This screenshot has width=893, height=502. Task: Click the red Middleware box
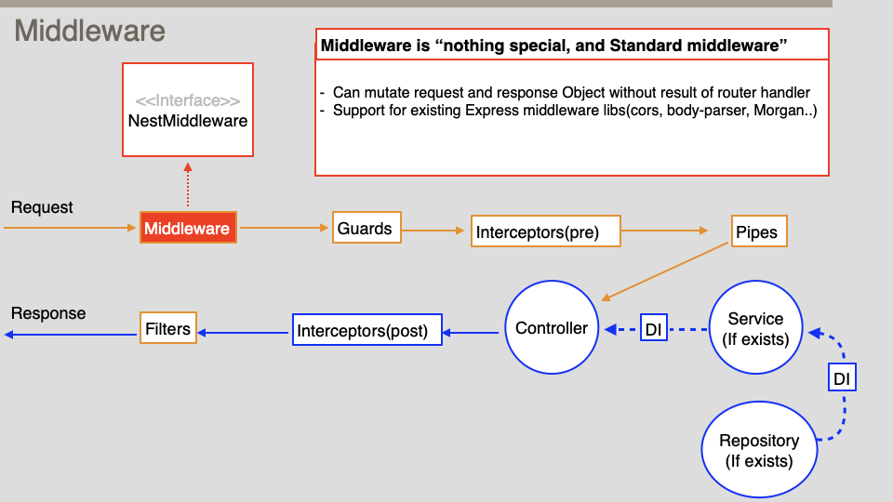188,228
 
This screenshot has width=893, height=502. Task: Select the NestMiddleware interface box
188,110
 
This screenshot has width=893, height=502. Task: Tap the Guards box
367,228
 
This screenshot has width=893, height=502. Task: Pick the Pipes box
758,231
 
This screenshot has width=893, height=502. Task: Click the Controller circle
552,328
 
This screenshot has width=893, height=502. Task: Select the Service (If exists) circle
755,329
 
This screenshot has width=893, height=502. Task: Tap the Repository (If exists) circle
759,450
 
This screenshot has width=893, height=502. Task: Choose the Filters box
168,329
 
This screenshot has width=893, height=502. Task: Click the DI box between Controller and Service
653,329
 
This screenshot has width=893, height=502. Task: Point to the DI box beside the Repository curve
841,378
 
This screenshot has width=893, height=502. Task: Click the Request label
42,207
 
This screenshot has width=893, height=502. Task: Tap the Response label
48,313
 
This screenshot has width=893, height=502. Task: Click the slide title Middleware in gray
89,32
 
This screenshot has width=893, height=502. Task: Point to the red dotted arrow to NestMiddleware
188,185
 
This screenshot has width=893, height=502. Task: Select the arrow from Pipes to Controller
665,271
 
